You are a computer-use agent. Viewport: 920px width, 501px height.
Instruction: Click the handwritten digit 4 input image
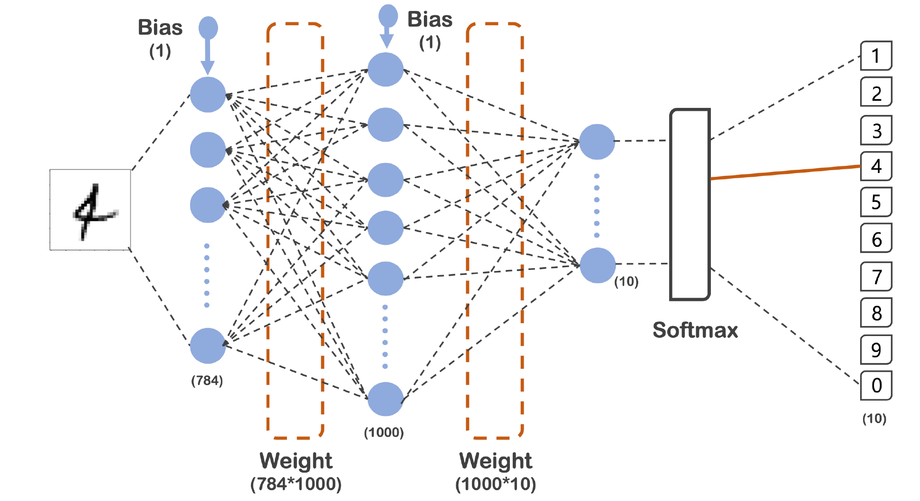click(x=90, y=210)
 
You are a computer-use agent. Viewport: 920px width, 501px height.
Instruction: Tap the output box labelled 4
click(x=876, y=166)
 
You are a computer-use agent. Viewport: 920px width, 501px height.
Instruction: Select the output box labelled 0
click(x=876, y=385)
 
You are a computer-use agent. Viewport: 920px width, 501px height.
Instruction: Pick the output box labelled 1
click(x=876, y=56)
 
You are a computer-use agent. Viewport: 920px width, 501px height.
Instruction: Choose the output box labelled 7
click(x=876, y=276)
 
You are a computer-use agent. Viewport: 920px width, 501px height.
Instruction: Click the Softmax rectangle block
click(x=690, y=204)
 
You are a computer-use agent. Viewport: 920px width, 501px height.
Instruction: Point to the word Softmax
click(x=695, y=330)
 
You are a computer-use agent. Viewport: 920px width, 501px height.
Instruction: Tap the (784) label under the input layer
click(x=207, y=380)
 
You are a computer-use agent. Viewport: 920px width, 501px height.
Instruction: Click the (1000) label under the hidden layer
click(x=384, y=432)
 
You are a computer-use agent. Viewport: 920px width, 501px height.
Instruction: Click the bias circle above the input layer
click(x=208, y=28)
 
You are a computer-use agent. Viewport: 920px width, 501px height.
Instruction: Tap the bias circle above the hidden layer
click(x=388, y=16)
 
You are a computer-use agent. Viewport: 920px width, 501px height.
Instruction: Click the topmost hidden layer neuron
click(x=385, y=69)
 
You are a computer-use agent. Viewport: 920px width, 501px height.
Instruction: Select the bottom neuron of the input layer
click(x=208, y=346)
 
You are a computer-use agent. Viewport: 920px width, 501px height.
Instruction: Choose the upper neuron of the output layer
click(x=597, y=142)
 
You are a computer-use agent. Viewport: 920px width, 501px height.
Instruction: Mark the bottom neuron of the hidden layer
click(x=385, y=399)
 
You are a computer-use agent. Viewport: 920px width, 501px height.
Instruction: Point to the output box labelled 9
click(x=876, y=349)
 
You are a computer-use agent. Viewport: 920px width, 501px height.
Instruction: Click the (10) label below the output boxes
click(x=874, y=418)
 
